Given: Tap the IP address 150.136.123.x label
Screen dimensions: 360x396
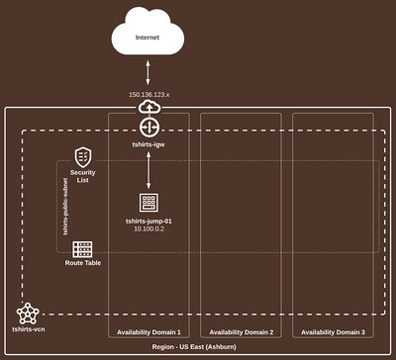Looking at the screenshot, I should [x=149, y=94].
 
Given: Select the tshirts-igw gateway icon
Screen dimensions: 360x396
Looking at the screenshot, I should [x=149, y=128].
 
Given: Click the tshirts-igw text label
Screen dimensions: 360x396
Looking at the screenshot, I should [x=149, y=144].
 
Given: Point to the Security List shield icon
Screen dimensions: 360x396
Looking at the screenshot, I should [x=83, y=156].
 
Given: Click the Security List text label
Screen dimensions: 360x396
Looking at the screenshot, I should [x=83, y=176].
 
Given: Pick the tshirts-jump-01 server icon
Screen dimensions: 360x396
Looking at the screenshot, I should [x=149, y=203].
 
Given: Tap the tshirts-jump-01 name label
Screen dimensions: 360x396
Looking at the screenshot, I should [x=149, y=220].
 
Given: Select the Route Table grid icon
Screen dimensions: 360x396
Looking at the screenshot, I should [x=82, y=248].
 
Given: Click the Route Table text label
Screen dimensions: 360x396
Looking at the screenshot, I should [x=82, y=264].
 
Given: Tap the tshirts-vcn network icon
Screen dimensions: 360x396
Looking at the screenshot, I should [x=29, y=313].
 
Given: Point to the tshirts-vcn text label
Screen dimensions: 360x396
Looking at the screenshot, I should [x=29, y=326].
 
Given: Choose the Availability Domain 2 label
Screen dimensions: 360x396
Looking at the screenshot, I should [x=242, y=332].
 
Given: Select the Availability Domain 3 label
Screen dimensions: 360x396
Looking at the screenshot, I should [x=333, y=332].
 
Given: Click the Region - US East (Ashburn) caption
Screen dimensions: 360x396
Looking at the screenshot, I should [x=197, y=349].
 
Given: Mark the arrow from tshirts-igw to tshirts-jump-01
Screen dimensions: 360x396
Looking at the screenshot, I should [x=149, y=171].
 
